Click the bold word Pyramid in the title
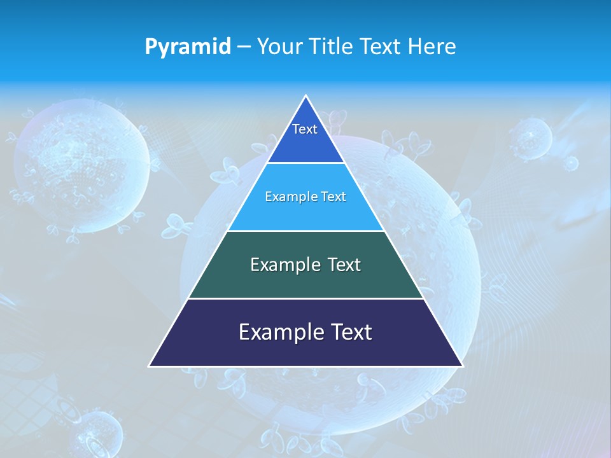(x=188, y=47)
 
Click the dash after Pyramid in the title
(x=244, y=47)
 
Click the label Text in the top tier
(x=305, y=129)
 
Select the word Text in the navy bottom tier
(x=351, y=332)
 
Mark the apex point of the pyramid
(x=305, y=96)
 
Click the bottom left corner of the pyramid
(x=150, y=366)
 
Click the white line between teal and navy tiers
(x=305, y=298)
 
